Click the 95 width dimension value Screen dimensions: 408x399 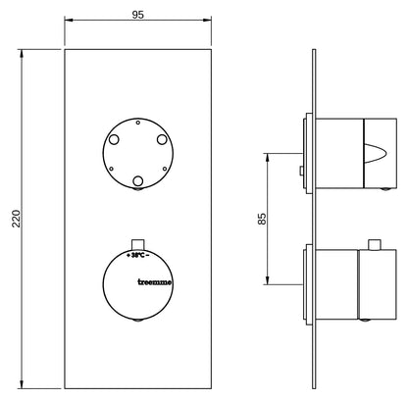tap(137, 15)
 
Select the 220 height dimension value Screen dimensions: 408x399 tap(16, 219)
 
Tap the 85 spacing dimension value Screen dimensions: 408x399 tap(262, 219)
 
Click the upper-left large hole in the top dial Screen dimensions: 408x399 tap(114, 140)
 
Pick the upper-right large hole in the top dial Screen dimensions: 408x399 tap(162, 139)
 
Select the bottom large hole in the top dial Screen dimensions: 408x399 tap(138, 180)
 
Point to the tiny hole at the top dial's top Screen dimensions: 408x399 tap(138, 123)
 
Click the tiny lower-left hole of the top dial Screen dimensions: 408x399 tap(111, 169)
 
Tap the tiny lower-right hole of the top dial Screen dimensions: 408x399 tap(165, 169)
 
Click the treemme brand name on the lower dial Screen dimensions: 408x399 tap(154, 282)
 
